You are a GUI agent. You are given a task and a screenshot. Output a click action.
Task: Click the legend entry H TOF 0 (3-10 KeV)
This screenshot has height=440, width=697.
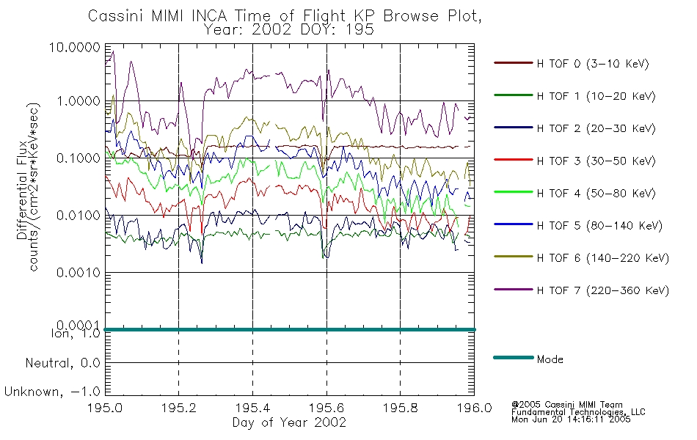(x=593, y=64)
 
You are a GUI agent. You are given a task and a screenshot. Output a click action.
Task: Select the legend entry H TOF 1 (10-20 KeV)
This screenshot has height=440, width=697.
(x=596, y=96)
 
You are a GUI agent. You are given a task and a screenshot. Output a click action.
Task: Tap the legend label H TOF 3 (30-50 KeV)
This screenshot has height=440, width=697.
(x=596, y=161)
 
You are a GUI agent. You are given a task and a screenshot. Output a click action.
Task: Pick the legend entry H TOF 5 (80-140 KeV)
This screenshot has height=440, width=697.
(x=599, y=226)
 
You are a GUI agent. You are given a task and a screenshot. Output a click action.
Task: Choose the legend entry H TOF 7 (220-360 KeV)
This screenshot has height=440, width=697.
(x=603, y=290)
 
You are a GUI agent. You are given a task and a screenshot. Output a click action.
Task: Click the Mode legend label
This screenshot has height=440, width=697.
(x=550, y=359)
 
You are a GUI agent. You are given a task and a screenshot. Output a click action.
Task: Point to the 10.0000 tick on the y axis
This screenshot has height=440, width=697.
(x=75, y=47)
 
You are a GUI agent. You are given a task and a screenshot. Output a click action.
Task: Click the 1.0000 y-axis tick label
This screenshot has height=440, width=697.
(x=79, y=101)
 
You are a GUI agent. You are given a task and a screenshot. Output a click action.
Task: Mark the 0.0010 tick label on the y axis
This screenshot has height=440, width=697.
(x=79, y=273)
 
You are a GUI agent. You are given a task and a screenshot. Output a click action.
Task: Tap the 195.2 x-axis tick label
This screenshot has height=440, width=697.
(x=179, y=408)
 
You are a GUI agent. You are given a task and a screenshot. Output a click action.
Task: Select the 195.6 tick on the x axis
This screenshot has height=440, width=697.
(x=326, y=408)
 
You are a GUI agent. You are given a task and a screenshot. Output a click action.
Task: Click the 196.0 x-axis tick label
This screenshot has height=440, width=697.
(x=474, y=408)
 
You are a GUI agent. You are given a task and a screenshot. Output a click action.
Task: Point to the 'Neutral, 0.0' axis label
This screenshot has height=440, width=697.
(x=62, y=364)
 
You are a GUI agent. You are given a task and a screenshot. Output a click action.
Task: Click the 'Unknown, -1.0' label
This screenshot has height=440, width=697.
(x=52, y=392)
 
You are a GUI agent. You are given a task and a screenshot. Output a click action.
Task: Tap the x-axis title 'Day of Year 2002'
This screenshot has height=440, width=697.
(x=289, y=422)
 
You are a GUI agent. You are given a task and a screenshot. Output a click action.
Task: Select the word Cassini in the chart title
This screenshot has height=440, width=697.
(x=116, y=16)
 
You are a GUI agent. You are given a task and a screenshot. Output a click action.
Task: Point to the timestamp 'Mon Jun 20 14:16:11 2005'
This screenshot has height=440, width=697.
(x=571, y=419)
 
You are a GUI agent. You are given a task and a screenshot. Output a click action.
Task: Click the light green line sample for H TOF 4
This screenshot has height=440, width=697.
(x=514, y=192)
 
